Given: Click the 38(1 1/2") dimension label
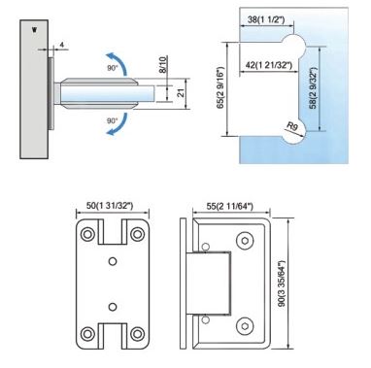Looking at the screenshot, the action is pos(266,19).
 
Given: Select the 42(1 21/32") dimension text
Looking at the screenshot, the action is pos(269,65).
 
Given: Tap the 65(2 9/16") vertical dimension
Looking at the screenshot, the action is pos(220,88).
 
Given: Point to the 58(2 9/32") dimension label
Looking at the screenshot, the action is pos(313,88).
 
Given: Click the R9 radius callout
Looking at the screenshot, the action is pos(292,126).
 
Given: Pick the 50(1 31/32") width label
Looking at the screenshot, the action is pos(110,205).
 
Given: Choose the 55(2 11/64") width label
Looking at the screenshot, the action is pos(230,206).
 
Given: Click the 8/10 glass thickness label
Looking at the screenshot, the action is pos(163,64).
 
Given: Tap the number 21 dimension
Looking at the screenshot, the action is pos(182,93).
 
